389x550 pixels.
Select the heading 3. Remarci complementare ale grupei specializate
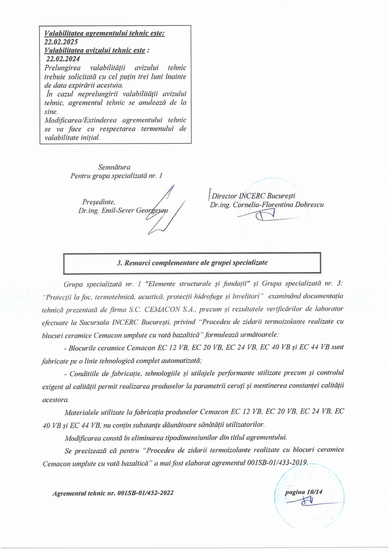[x=192, y=262]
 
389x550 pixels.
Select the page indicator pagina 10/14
[x=307, y=492]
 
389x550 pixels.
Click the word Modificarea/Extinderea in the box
[x=78, y=120]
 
